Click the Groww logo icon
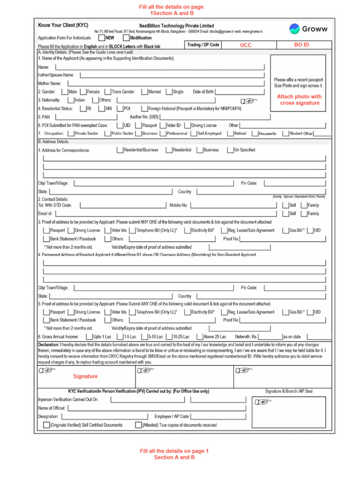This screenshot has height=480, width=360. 294,29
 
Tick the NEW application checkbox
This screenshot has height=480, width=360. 101,37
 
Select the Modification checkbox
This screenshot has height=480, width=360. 126,37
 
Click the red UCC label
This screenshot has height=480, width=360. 246,45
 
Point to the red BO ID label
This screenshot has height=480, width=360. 301,45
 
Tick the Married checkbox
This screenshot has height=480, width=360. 144,92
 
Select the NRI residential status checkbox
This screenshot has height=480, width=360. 102,108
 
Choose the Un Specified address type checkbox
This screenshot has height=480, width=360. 230,150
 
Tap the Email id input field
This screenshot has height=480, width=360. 164,214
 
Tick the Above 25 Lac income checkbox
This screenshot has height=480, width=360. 200,337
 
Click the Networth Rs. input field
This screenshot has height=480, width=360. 270,337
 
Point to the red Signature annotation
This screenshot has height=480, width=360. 85,376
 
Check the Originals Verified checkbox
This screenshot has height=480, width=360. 46,425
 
